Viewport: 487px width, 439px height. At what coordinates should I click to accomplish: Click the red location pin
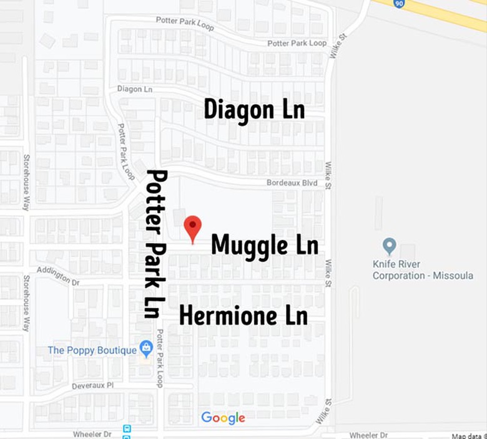(192, 228)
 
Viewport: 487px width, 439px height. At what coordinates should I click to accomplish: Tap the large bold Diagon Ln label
(254, 110)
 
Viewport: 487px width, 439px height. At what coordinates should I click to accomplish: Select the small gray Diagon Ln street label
(135, 89)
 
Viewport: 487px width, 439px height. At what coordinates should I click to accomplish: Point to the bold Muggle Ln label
(265, 244)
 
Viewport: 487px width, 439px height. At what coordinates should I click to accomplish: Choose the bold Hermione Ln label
(243, 316)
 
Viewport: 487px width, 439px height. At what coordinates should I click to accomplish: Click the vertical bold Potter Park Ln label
(155, 243)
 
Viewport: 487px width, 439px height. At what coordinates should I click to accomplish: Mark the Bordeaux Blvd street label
(292, 183)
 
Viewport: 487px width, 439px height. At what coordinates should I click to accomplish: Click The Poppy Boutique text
(92, 350)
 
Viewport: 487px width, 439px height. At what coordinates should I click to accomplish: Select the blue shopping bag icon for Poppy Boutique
(146, 349)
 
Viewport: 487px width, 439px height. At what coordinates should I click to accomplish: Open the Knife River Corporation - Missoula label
(423, 269)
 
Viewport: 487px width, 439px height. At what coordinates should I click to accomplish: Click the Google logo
(223, 418)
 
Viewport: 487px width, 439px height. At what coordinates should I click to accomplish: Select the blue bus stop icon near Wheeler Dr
(127, 430)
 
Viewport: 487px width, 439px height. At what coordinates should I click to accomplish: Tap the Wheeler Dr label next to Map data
(368, 435)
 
